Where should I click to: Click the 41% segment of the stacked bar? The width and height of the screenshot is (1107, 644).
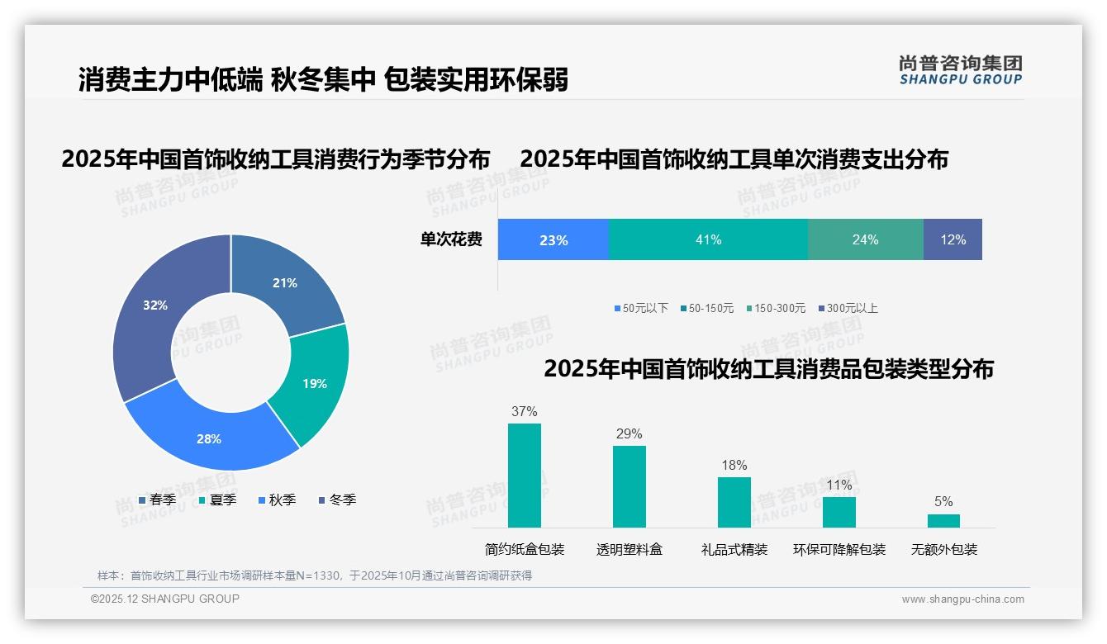click(708, 239)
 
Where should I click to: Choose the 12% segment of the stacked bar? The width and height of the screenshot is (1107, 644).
click(953, 239)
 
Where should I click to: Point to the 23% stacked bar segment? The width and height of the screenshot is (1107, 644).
click(553, 239)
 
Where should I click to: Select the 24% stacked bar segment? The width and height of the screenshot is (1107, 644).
click(865, 239)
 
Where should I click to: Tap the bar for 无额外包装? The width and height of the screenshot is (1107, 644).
click(943, 520)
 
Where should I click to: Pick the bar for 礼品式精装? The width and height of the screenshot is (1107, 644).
click(734, 502)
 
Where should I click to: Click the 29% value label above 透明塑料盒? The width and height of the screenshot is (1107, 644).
click(629, 434)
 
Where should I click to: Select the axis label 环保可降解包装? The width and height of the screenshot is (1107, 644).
click(839, 549)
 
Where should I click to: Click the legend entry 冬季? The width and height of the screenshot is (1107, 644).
click(338, 500)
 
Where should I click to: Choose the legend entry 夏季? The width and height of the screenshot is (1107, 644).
click(218, 500)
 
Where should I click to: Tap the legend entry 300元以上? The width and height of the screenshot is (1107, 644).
click(848, 308)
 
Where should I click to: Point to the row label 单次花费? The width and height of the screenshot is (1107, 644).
click(451, 239)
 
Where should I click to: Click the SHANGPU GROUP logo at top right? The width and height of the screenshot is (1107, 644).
click(960, 70)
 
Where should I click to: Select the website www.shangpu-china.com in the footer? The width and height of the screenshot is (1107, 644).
click(962, 599)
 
